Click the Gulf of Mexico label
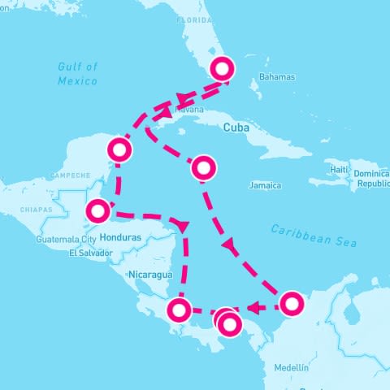point(78,73)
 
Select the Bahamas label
point(277,77)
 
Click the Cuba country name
point(235,128)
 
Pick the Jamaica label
point(265,185)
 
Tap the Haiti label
point(339,169)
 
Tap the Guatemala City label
point(67,240)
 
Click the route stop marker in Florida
point(222,67)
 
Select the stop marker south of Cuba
point(204,168)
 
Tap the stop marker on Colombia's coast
point(291,304)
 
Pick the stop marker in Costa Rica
point(179,310)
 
